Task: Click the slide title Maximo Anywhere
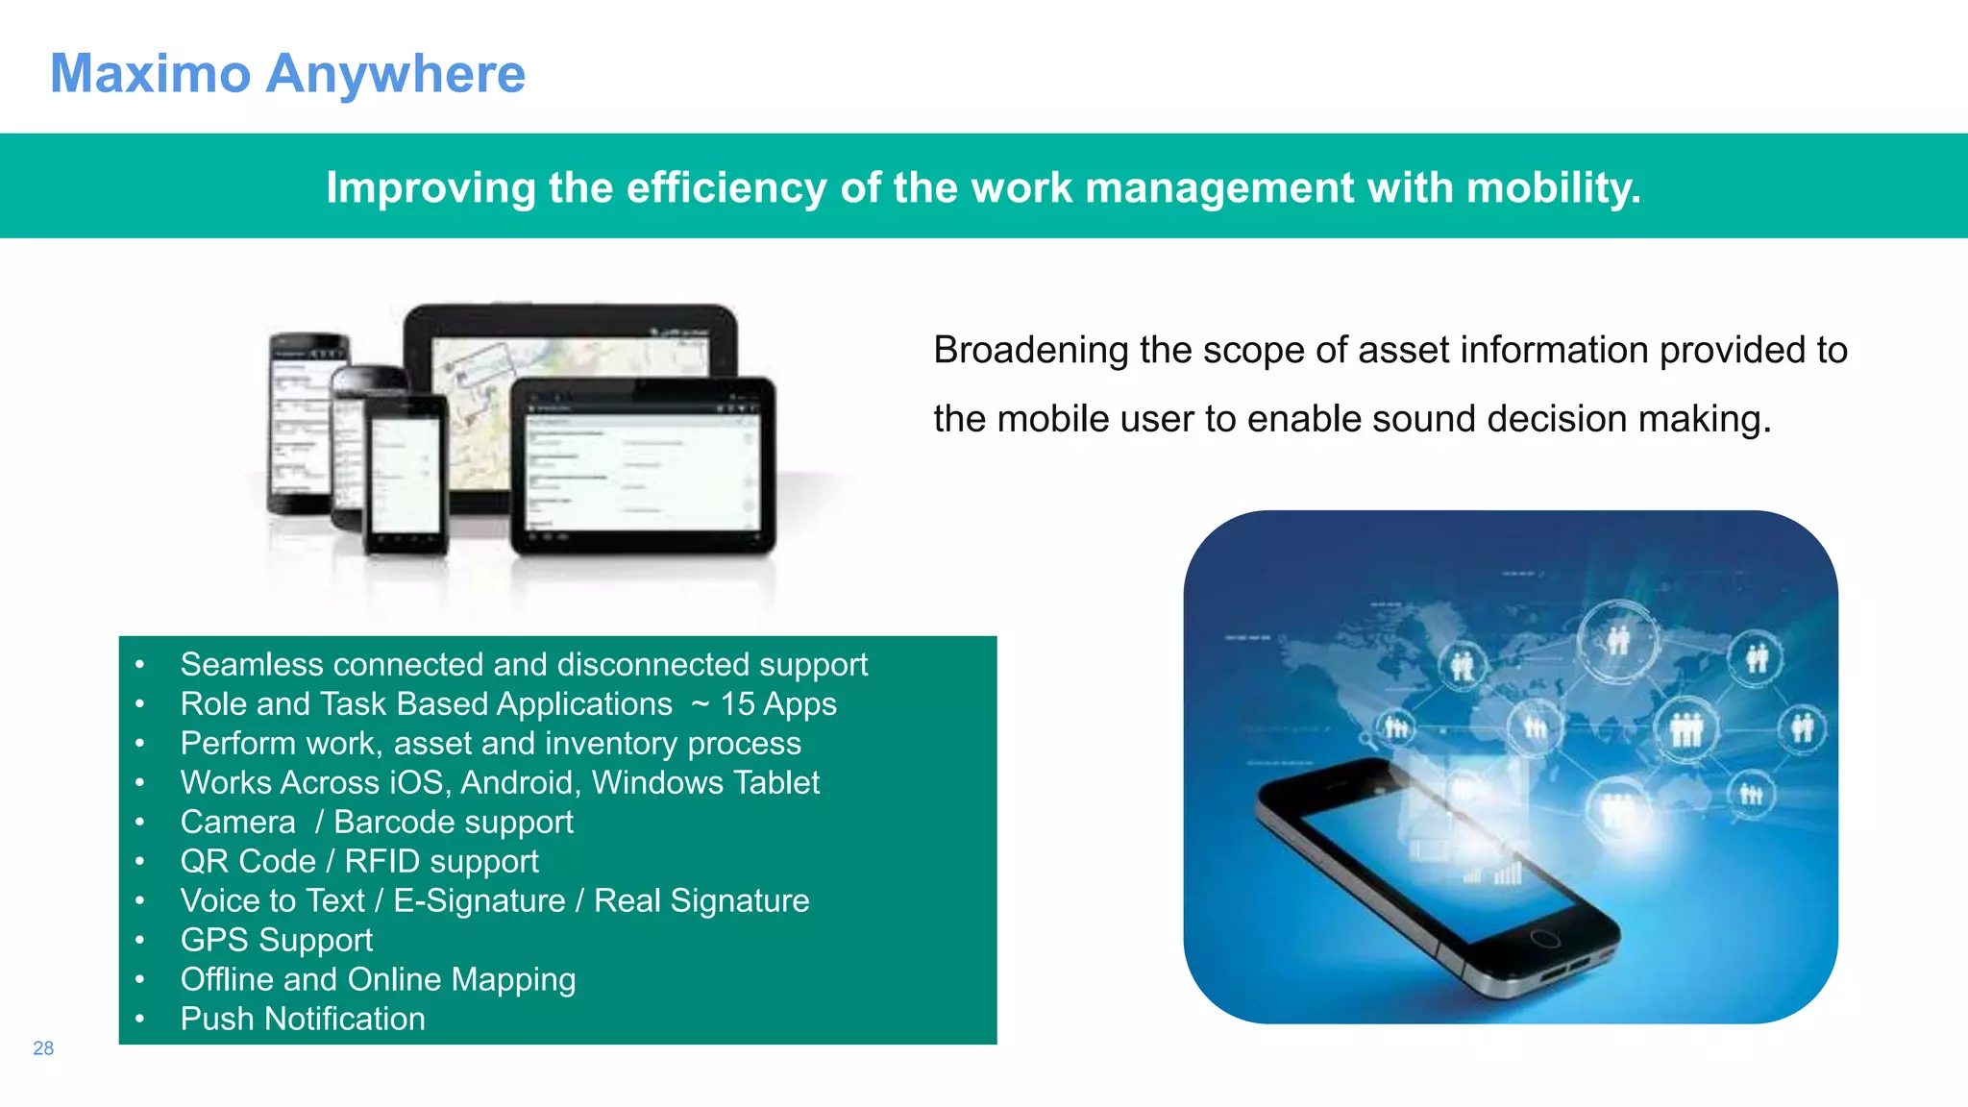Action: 287,74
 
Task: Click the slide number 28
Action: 43,1048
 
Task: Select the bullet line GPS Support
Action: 276,940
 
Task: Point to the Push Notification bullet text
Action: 303,1019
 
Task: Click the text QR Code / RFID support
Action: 358,861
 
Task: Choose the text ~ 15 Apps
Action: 764,704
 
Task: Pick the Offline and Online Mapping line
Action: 378,979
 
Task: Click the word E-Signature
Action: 479,900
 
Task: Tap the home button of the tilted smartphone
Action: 1544,938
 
